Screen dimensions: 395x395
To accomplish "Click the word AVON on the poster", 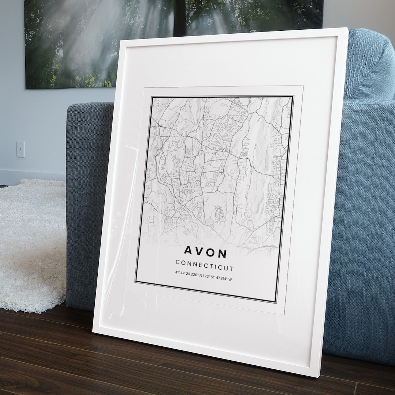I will tap(205, 252).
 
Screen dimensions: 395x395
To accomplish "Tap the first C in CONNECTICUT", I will tap(178, 262).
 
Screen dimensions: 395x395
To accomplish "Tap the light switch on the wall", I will tap(20, 149).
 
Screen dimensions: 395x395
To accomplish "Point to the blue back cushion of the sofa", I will tap(369, 66).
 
